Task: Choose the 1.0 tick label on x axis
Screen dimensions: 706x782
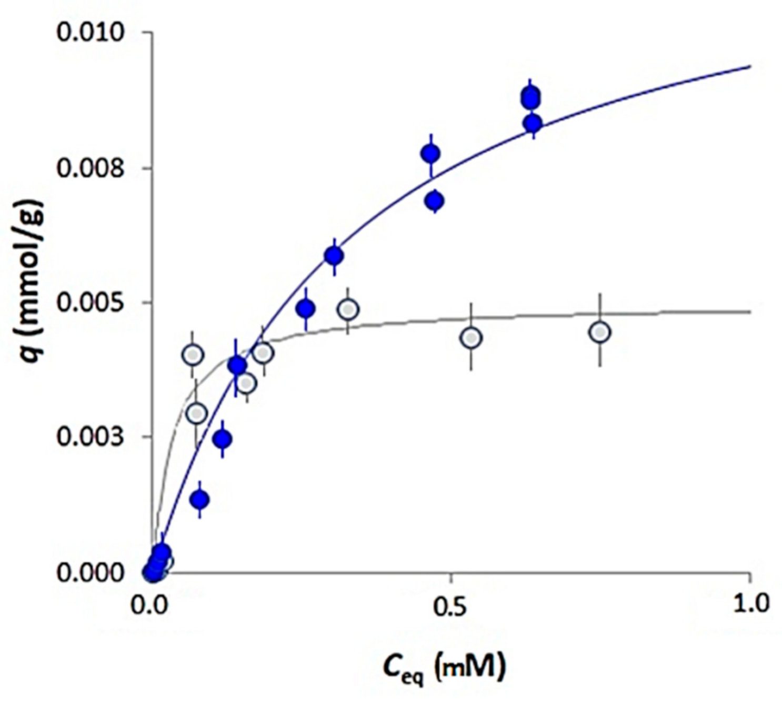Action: (x=749, y=604)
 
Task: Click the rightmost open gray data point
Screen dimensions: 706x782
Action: (x=600, y=332)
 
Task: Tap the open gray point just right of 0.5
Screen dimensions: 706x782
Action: (x=472, y=338)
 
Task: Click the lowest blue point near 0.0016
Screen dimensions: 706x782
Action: (x=199, y=500)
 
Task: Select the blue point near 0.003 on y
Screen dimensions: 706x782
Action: (x=223, y=439)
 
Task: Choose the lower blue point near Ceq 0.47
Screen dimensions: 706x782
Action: (x=435, y=200)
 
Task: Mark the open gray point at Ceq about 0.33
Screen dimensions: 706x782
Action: (x=348, y=309)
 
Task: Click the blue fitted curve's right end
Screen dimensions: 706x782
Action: (x=749, y=67)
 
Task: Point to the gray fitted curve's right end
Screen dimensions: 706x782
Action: (x=749, y=312)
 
